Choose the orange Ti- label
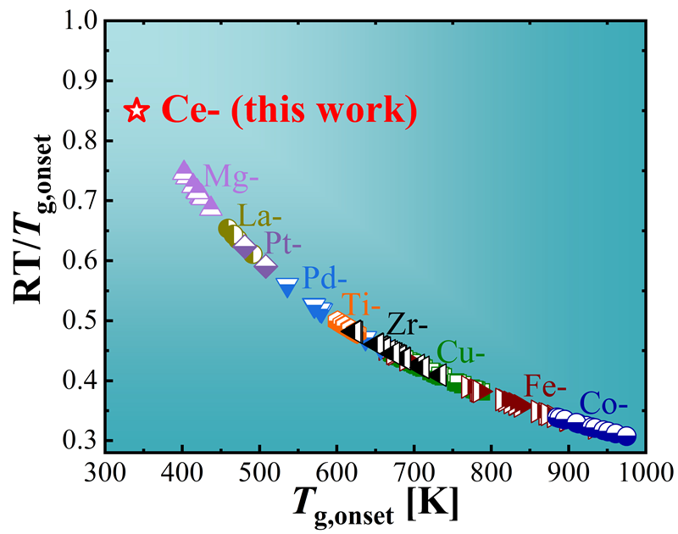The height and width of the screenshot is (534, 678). [x=359, y=303]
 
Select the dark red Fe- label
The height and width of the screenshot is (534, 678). [x=545, y=386]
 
